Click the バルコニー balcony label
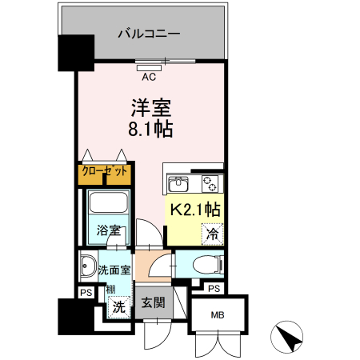(149, 34)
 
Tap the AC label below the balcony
(149, 78)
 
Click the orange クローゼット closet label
(105, 170)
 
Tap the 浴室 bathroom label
(109, 231)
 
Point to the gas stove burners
(210, 183)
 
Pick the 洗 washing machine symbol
(118, 306)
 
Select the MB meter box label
(218, 315)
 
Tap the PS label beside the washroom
(84, 294)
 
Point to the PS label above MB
(213, 289)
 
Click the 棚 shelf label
(111, 289)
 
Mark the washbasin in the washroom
(87, 267)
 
